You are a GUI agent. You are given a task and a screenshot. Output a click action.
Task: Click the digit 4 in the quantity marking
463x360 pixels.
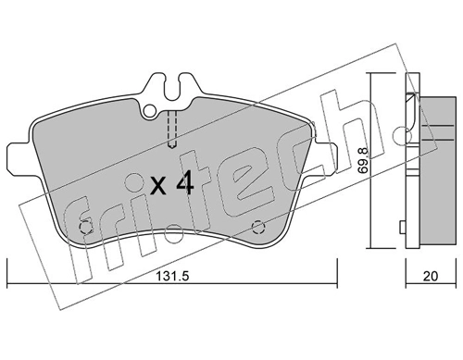pyautogui.click(x=183, y=185)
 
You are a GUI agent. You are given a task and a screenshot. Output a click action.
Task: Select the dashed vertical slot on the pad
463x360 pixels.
pyautogui.click(x=171, y=129)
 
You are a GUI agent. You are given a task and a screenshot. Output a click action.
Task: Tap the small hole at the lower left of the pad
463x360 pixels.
pyautogui.click(x=86, y=228)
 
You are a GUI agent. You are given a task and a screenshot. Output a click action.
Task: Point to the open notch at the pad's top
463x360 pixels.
pyautogui.click(x=171, y=88)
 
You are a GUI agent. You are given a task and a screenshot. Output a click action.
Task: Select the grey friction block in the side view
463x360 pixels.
pyautogui.click(x=432, y=167)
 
